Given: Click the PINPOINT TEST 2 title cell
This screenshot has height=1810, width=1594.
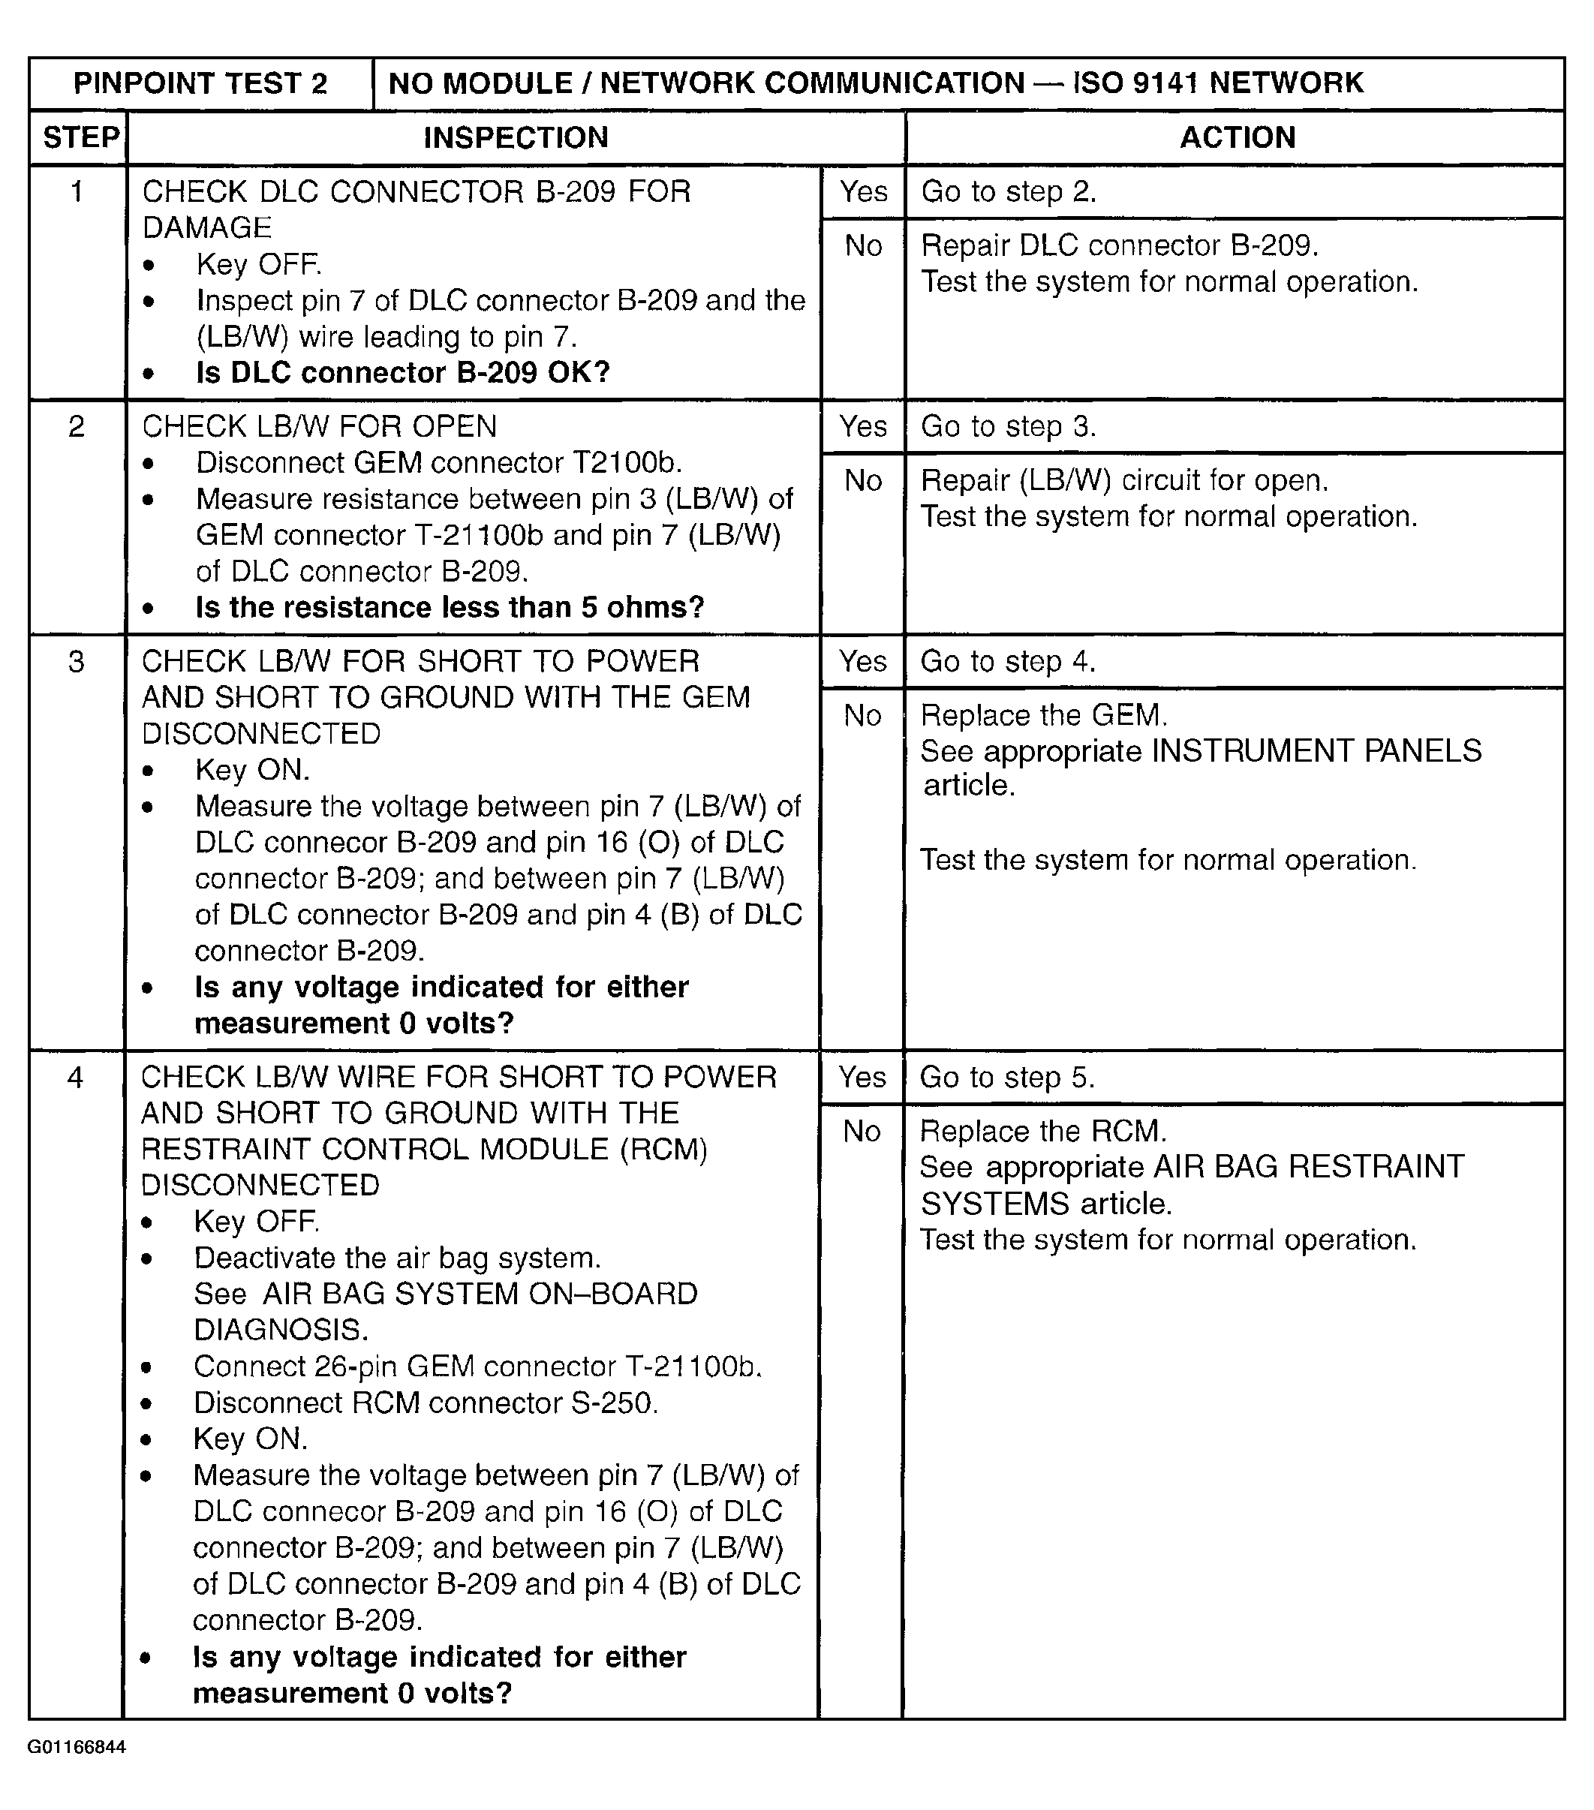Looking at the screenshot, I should click(200, 83).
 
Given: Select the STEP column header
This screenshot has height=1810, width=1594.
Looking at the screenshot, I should click(80, 137).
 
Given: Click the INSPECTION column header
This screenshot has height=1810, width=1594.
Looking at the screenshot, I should click(516, 137).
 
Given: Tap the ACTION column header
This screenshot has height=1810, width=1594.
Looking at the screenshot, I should click(1237, 137).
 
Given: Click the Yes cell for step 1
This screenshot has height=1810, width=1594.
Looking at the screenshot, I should click(863, 191).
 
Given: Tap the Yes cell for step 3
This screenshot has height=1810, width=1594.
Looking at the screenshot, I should click(863, 660).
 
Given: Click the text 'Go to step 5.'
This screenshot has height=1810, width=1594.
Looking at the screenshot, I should click(1007, 1077).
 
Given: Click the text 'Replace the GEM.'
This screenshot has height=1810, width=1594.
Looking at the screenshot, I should click(1044, 714).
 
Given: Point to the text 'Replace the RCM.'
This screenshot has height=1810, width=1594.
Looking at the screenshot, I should click(1043, 1131).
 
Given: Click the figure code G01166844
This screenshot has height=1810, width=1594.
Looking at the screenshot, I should click(77, 1747).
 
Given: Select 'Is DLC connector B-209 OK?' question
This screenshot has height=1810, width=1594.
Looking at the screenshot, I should click(403, 373).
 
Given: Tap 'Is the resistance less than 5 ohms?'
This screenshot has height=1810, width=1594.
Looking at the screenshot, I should click(450, 608).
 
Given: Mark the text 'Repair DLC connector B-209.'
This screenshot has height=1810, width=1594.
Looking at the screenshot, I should click(1120, 245).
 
